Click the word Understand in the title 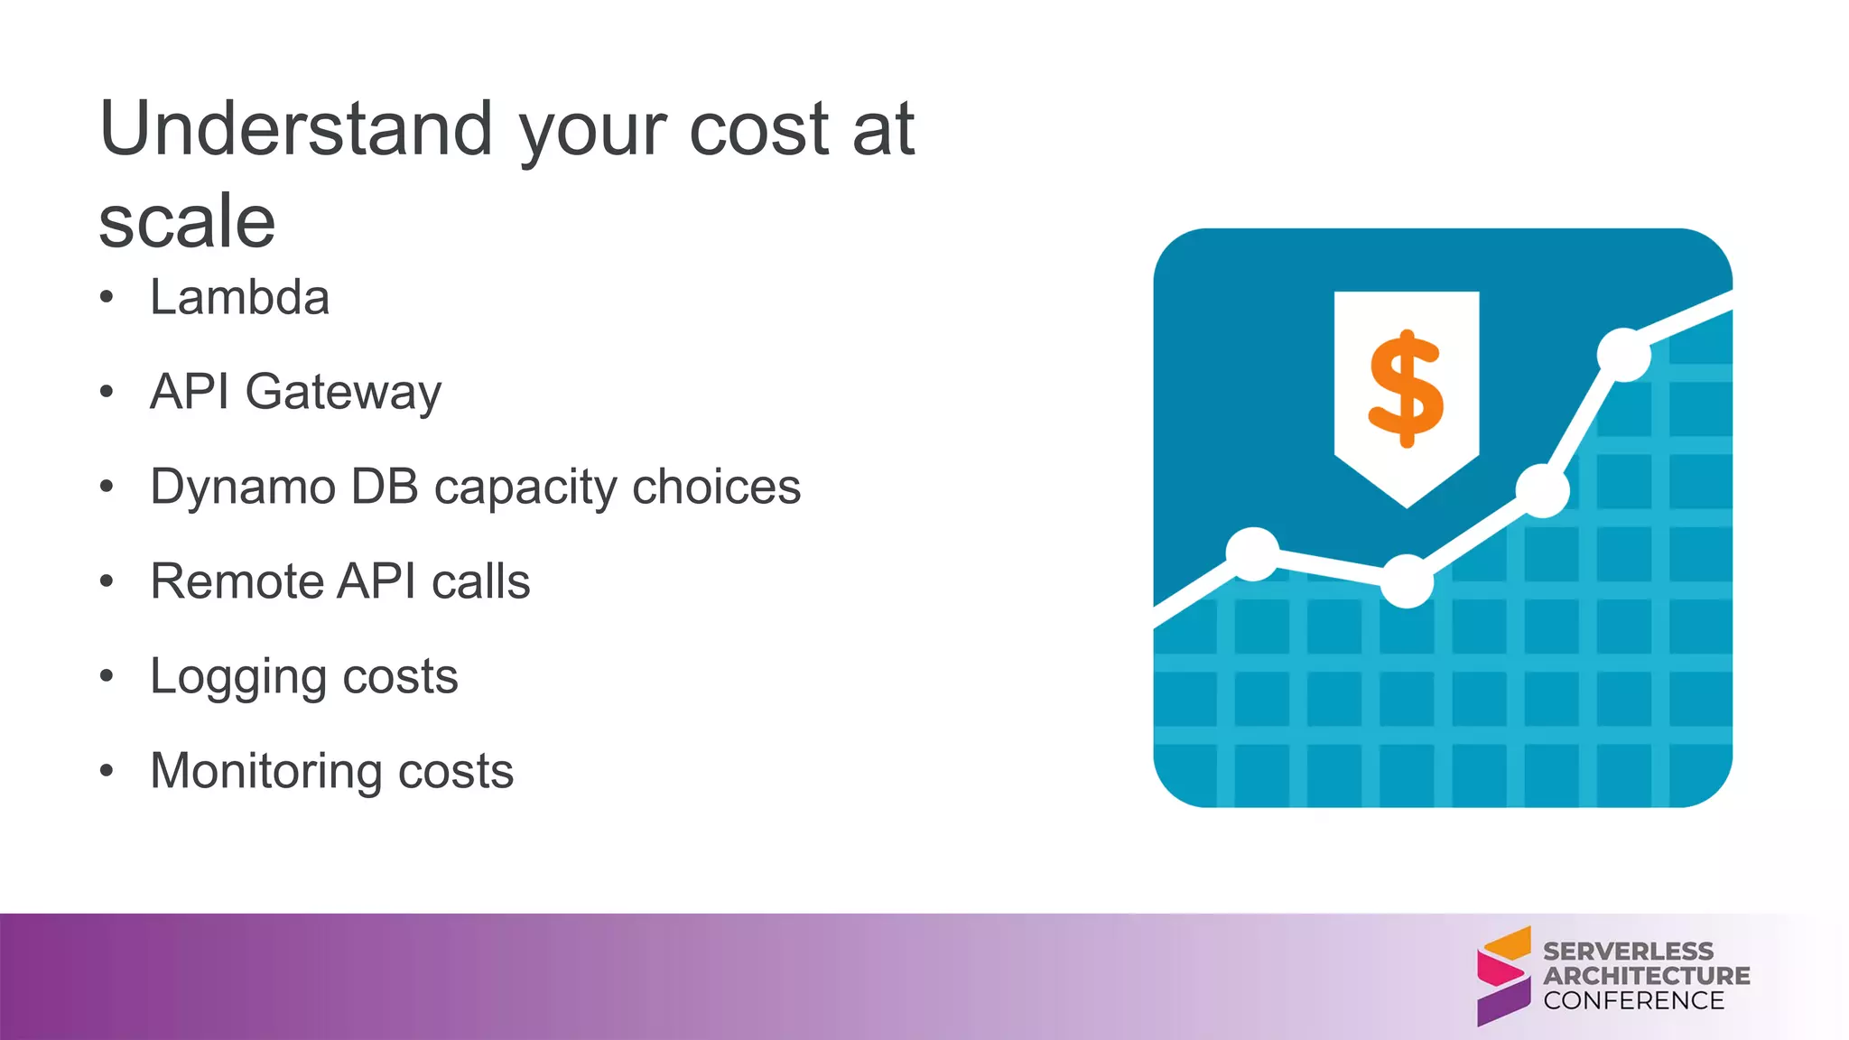tap(296, 129)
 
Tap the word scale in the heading tap(187, 222)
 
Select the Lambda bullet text tap(239, 298)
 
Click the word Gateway tap(343, 393)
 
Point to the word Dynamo tap(242, 487)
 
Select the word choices tap(716, 487)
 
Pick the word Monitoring tap(267, 772)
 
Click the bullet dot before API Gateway tap(107, 393)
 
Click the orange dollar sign tap(1406, 388)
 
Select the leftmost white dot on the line tap(1252, 553)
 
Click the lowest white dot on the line tap(1407, 581)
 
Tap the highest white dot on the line tap(1623, 355)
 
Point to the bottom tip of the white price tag tap(1407, 506)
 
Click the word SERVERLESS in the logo tap(1628, 952)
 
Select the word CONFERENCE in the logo tap(1633, 1000)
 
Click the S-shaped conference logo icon tap(1503, 976)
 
